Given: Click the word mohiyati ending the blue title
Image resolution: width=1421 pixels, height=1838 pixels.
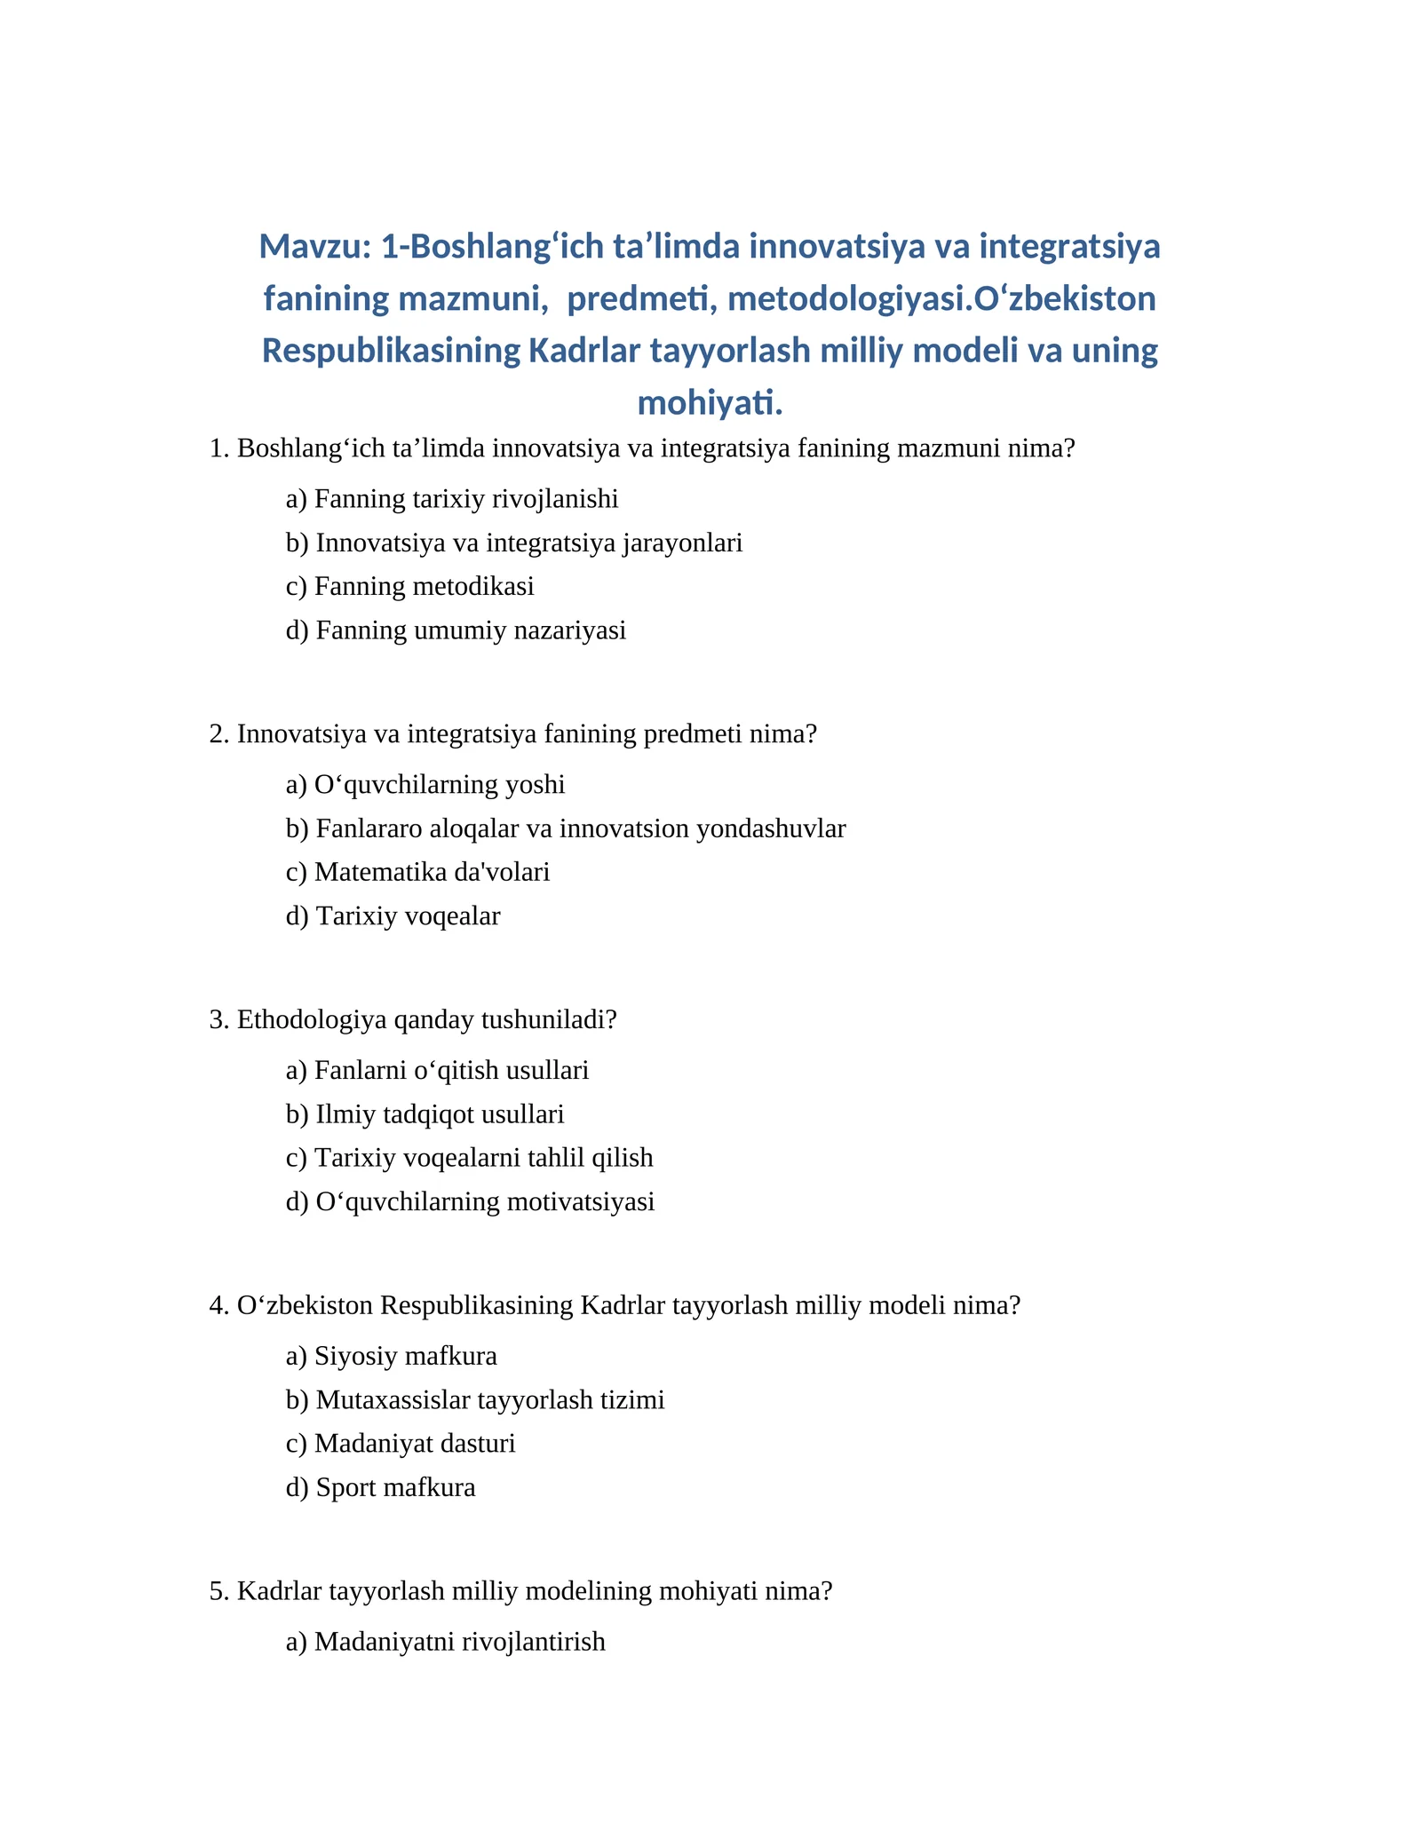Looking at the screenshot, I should click(710, 403).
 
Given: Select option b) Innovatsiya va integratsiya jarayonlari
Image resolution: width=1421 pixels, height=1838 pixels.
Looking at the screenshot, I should click(514, 543).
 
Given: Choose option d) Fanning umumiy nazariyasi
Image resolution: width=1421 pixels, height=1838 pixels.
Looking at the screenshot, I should click(456, 631).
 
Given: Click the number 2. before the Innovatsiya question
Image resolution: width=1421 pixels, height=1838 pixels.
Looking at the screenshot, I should click(219, 734).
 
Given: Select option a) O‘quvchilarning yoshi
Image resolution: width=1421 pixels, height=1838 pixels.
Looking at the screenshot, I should click(425, 785).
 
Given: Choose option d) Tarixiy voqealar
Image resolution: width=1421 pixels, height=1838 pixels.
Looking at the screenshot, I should click(393, 916).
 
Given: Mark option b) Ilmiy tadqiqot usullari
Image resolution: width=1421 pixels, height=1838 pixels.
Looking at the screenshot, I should click(425, 1115).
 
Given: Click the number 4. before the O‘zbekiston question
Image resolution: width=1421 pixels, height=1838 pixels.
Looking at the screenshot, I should click(219, 1306).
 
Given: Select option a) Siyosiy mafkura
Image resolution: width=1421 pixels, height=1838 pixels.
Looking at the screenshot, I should click(392, 1357).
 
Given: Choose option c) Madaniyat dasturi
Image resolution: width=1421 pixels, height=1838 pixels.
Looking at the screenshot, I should click(401, 1444).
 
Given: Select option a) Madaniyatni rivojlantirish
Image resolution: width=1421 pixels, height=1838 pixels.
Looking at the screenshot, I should click(446, 1642).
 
